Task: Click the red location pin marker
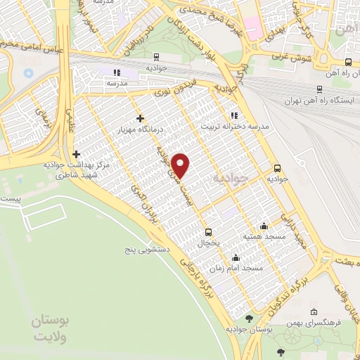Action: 181,165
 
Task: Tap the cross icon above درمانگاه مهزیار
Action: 141,118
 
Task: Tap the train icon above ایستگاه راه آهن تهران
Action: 321,89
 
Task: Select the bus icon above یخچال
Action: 208,231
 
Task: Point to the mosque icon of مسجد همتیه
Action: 264,226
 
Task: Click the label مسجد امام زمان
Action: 241,269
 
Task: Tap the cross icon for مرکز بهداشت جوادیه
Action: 76,154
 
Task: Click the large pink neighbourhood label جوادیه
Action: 230,179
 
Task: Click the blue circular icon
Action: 29,72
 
